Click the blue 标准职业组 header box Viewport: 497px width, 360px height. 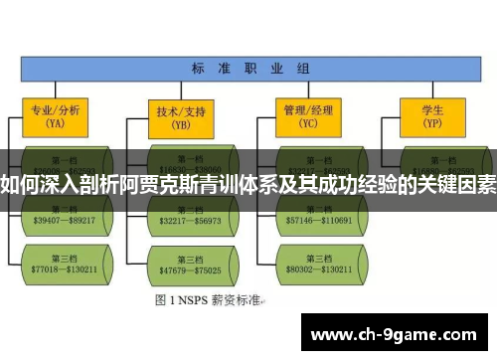248,69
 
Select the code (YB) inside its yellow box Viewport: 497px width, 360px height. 181,126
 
